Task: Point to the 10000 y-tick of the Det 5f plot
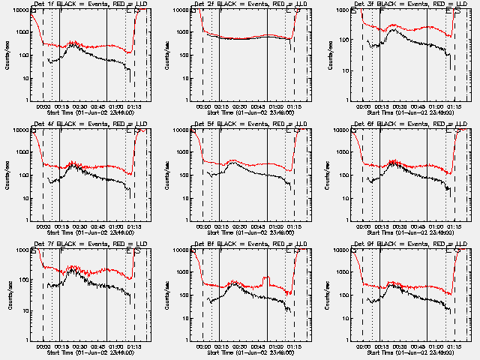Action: [181, 130]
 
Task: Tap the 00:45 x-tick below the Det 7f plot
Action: [98, 346]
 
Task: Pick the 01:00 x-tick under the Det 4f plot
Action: [117, 226]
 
